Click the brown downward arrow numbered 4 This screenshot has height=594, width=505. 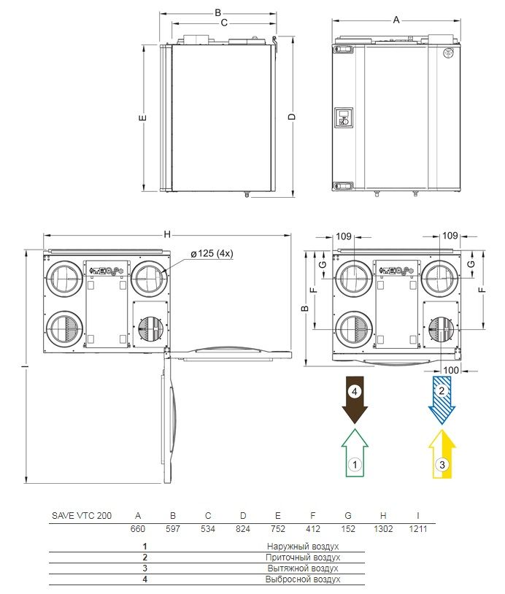(x=355, y=400)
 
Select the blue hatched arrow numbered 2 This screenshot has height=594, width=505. (x=442, y=400)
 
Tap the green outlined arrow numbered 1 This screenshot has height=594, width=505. (x=355, y=453)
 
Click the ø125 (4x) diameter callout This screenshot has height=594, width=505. (x=212, y=253)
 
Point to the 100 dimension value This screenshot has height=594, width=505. (x=451, y=370)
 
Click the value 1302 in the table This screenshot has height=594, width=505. (x=383, y=528)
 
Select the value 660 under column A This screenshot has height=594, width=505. (x=137, y=528)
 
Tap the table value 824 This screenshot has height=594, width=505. (x=243, y=528)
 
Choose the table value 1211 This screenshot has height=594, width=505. (x=418, y=528)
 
